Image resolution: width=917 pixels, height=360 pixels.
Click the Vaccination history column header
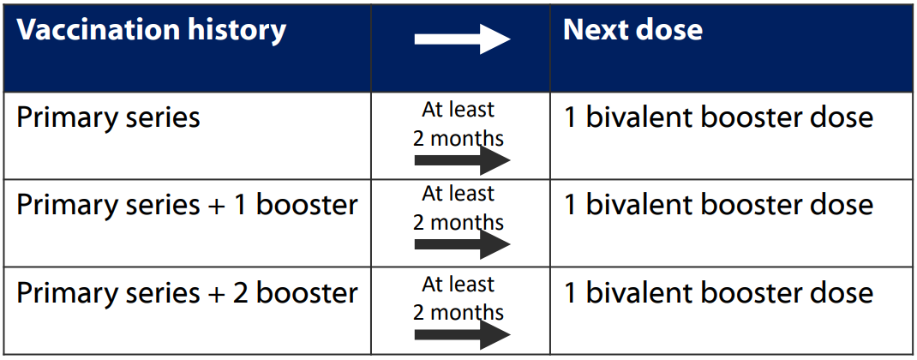(x=152, y=31)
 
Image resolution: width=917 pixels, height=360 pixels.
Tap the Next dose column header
(x=632, y=31)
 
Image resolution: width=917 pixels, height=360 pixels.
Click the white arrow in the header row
(x=462, y=39)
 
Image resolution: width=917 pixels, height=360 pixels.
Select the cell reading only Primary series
(x=108, y=117)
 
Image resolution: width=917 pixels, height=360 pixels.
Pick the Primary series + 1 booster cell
(x=187, y=206)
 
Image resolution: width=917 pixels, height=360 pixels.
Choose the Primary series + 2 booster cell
(x=187, y=293)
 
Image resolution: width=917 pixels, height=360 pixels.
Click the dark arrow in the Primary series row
(x=462, y=160)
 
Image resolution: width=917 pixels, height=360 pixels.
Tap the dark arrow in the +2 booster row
(x=462, y=334)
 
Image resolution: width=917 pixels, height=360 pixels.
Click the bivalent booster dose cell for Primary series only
(x=718, y=117)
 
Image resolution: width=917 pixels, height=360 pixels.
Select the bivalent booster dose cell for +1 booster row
(x=718, y=206)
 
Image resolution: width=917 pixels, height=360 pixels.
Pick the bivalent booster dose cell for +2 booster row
(x=718, y=293)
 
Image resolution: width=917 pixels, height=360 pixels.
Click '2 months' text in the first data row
(x=458, y=138)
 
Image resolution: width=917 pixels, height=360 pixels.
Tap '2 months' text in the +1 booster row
(x=458, y=222)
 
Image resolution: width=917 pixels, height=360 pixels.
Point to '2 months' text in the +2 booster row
(x=458, y=312)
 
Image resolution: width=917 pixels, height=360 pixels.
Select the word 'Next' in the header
(x=593, y=31)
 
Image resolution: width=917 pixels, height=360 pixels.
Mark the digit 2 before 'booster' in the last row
(x=242, y=293)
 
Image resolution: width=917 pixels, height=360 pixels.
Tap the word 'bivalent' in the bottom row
(x=639, y=293)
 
